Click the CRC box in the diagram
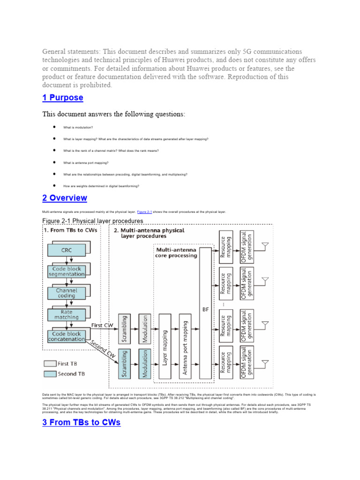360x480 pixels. [x=66, y=251]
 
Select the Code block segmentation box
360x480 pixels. [x=66, y=271]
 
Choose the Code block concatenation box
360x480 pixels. [x=66, y=336]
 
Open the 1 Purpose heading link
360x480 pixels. [x=63, y=97]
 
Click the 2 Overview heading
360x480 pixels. [x=65, y=198]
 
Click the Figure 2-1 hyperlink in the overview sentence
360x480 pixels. [x=144, y=212]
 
